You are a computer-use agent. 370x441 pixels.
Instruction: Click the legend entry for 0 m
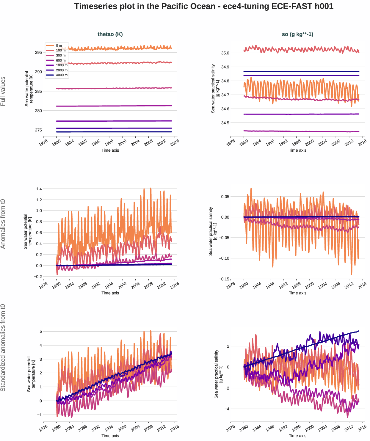point(59,45)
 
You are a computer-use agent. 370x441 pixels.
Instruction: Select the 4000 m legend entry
point(62,75)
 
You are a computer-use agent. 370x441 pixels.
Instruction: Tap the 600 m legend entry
point(61,60)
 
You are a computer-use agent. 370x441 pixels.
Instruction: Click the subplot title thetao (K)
point(110,34)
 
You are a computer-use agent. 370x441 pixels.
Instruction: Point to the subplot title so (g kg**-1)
point(297,34)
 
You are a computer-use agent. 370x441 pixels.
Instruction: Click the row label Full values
point(3,91)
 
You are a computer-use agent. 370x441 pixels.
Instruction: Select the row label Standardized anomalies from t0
point(3,348)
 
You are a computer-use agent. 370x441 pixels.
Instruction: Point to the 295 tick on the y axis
point(38,53)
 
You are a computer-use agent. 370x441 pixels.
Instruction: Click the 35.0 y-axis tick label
point(225,53)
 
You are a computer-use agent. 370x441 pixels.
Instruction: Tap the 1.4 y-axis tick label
point(39,189)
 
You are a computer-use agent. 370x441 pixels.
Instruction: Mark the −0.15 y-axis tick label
point(224,279)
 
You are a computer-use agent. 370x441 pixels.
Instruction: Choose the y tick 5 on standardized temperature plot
point(41,332)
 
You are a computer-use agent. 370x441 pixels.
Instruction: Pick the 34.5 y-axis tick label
point(225,123)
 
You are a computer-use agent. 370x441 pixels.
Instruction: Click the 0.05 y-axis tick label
point(225,197)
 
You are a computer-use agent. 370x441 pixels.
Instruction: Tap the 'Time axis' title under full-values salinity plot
point(297,150)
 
